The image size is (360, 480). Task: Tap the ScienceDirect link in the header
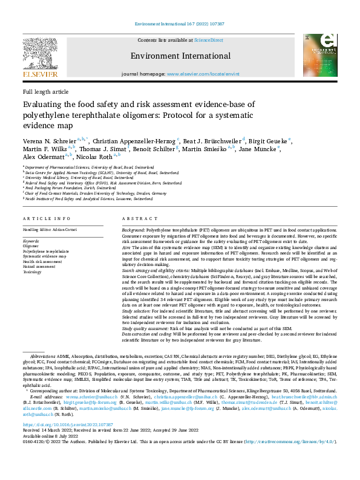coord(209,40)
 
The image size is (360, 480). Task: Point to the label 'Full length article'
coord(45,92)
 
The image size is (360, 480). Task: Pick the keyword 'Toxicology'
coord(33,272)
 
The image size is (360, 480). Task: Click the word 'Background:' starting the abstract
coord(133,231)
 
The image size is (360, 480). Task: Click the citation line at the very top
coord(180,25)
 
